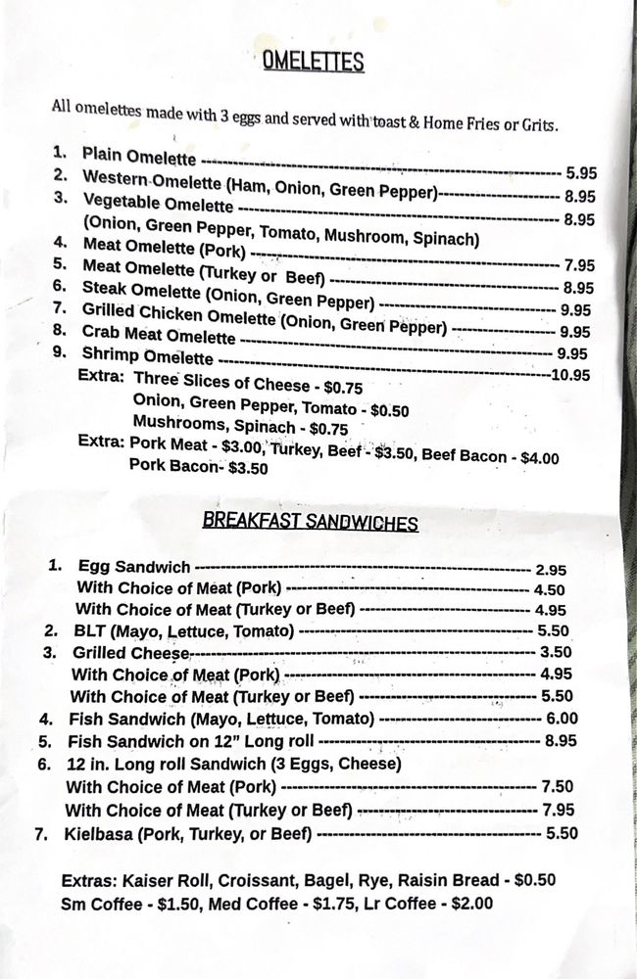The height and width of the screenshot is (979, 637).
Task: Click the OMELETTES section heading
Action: pyautogui.click(x=313, y=62)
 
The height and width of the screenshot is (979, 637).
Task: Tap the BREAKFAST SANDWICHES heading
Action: pyautogui.click(x=310, y=521)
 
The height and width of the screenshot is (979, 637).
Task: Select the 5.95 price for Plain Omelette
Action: pyautogui.click(x=580, y=172)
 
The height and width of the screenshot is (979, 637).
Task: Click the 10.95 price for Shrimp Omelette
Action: pyautogui.click(x=570, y=374)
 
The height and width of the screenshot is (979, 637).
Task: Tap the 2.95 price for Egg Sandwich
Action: pyautogui.click(x=551, y=569)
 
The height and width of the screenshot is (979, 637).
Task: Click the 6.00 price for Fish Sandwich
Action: pyautogui.click(x=562, y=719)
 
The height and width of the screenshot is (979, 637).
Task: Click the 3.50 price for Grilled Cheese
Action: pyautogui.click(x=556, y=652)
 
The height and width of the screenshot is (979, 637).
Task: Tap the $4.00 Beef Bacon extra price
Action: pyautogui.click(x=540, y=457)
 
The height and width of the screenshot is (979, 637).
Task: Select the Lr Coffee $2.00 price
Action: pyautogui.click(x=472, y=904)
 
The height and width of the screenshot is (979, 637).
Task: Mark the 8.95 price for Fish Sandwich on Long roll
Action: pyautogui.click(x=560, y=741)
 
